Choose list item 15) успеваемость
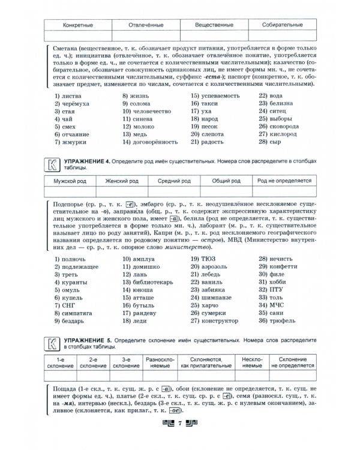tap(213, 95)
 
